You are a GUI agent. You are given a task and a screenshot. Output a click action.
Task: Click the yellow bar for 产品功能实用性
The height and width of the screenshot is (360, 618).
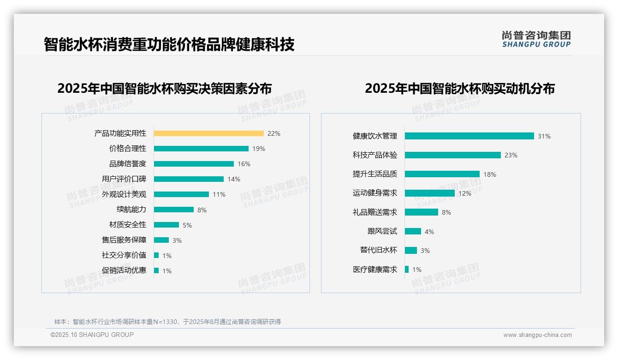point(208,133)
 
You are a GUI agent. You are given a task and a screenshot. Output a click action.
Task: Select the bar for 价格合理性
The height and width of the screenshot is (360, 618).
point(201,149)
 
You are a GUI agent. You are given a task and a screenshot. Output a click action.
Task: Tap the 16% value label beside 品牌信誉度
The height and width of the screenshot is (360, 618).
point(244,164)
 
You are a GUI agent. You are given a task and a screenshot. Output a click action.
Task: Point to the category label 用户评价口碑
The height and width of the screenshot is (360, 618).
point(124,179)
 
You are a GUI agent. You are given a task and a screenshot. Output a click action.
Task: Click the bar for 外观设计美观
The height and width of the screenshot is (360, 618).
point(181,194)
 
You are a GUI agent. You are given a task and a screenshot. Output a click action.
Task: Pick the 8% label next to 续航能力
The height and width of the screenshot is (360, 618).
point(202,210)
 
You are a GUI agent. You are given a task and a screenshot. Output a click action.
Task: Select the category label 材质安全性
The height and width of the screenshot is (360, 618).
point(127,225)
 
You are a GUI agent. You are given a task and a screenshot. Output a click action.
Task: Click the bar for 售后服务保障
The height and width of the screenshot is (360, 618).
point(161,240)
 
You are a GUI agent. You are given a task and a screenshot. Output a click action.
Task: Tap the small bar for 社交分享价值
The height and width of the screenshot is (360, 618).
point(156,255)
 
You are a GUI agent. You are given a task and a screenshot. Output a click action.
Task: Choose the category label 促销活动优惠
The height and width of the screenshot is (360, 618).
point(124,270)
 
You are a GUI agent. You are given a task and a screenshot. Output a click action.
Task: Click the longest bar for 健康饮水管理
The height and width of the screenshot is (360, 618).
point(469,136)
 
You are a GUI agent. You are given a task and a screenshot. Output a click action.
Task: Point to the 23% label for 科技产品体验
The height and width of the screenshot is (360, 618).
point(511,156)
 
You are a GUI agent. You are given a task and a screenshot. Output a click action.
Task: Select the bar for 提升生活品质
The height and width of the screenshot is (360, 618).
point(442,174)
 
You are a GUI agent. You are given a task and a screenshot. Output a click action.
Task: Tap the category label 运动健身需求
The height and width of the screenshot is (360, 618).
point(374,193)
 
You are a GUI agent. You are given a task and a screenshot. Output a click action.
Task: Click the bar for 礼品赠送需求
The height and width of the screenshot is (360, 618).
point(421,212)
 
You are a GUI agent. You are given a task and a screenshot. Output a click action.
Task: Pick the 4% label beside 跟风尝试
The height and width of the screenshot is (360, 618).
point(429,232)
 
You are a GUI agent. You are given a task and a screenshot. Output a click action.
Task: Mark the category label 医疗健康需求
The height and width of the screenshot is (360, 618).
point(374,270)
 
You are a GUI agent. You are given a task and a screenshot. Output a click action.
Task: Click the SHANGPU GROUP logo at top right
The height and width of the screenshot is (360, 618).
point(536,39)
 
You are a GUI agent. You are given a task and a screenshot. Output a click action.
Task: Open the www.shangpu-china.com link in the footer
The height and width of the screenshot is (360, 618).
point(537,335)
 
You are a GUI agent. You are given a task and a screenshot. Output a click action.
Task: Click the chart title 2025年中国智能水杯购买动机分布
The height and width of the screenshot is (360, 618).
point(459,89)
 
